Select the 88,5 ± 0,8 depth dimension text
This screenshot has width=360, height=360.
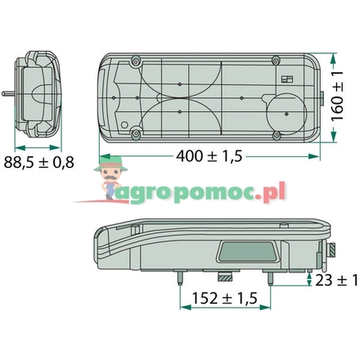click(38, 162)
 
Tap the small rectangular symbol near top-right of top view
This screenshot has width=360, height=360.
click(286, 79)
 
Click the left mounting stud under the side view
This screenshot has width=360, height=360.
click(177, 279)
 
